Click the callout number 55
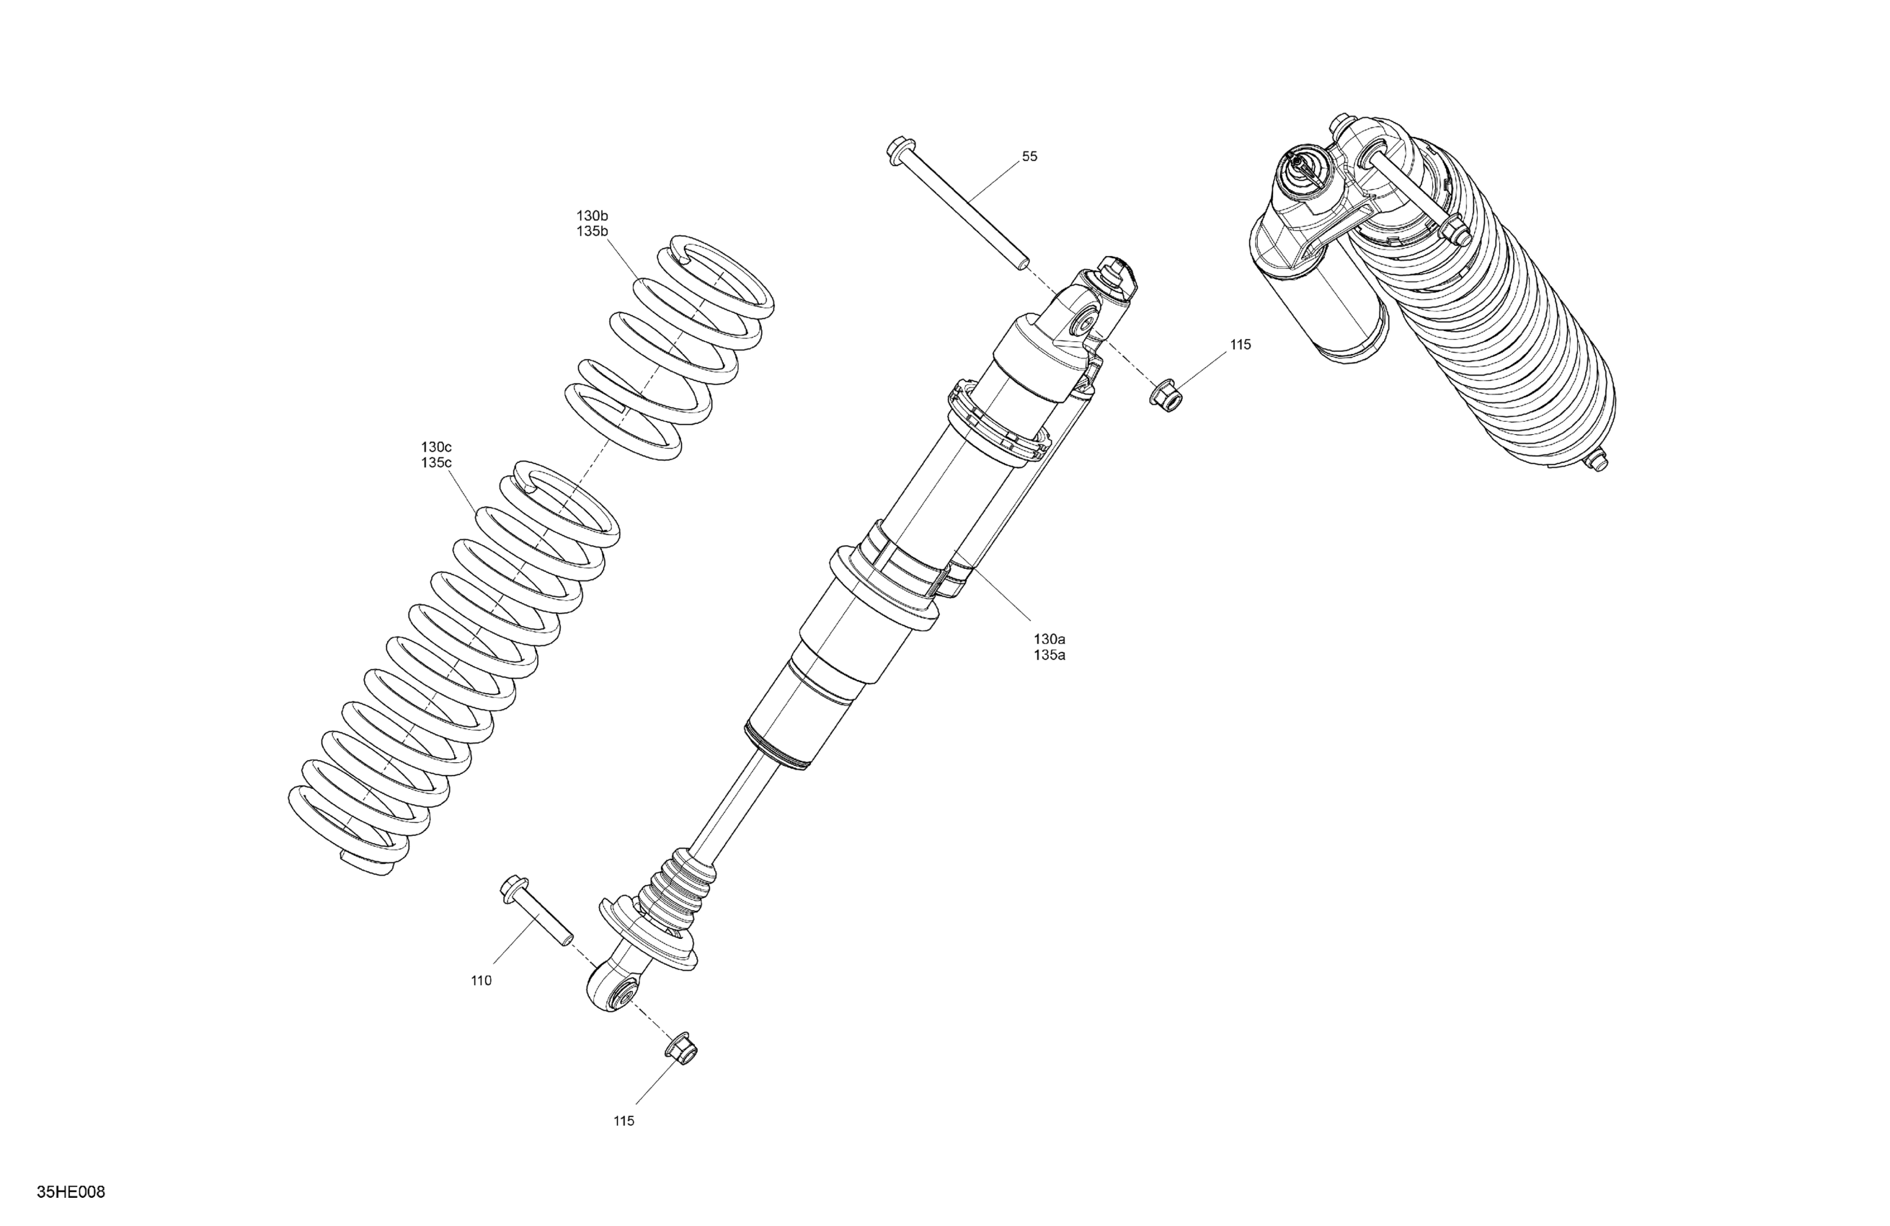(x=1029, y=156)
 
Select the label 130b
(x=593, y=216)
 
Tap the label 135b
(x=593, y=231)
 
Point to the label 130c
(x=436, y=446)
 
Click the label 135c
(x=436, y=462)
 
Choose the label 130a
(x=1048, y=639)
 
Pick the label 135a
(x=1048, y=655)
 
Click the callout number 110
(x=482, y=981)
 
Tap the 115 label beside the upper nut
(x=1240, y=345)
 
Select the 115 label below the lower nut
(x=624, y=1121)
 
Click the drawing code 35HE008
(x=71, y=1193)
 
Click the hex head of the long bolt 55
(x=898, y=150)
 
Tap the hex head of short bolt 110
(x=513, y=888)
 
